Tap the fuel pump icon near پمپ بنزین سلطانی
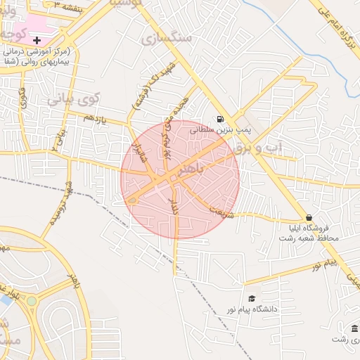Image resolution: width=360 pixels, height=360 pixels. [x=221, y=119]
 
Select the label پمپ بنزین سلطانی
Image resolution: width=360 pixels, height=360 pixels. [x=233, y=131]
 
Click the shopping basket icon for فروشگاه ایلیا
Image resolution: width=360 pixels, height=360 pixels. [x=309, y=217]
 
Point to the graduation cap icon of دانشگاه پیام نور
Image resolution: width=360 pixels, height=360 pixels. [x=252, y=299]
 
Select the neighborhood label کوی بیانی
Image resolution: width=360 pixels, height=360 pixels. [x=74, y=99]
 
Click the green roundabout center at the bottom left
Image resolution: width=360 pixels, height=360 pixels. [x=31, y=301]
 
